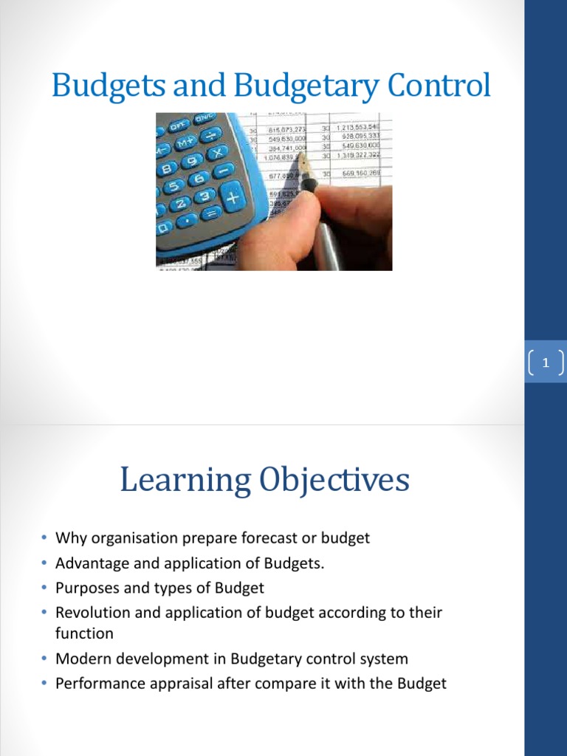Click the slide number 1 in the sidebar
[546, 362]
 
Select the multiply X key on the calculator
[218, 153]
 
